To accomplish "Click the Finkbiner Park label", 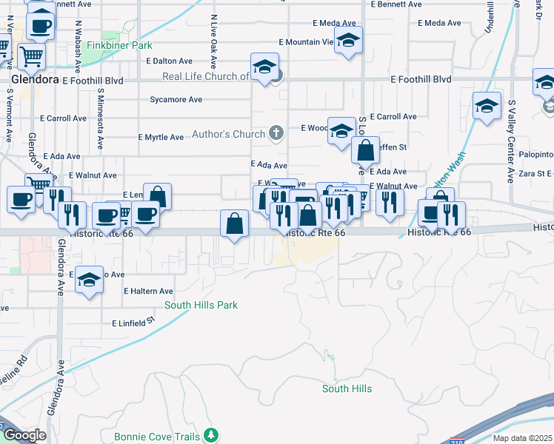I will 119,46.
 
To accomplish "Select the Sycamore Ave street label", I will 176,99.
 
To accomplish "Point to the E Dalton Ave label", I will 170,61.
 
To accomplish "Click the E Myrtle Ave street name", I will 161,137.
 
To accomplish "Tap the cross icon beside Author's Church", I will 276,133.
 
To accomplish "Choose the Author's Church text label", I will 228,134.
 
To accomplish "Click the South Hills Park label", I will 201,305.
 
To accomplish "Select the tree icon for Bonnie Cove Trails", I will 212,434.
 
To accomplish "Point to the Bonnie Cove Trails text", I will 157,437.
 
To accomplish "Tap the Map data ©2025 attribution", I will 524,438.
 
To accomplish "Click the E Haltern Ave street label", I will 148,292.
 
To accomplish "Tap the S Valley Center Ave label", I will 511,141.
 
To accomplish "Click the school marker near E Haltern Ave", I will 89,280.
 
